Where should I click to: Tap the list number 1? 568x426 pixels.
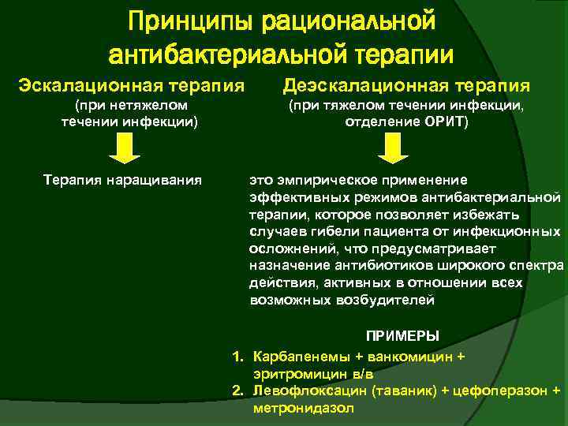(237, 357)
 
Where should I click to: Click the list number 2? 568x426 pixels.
(237, 390)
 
